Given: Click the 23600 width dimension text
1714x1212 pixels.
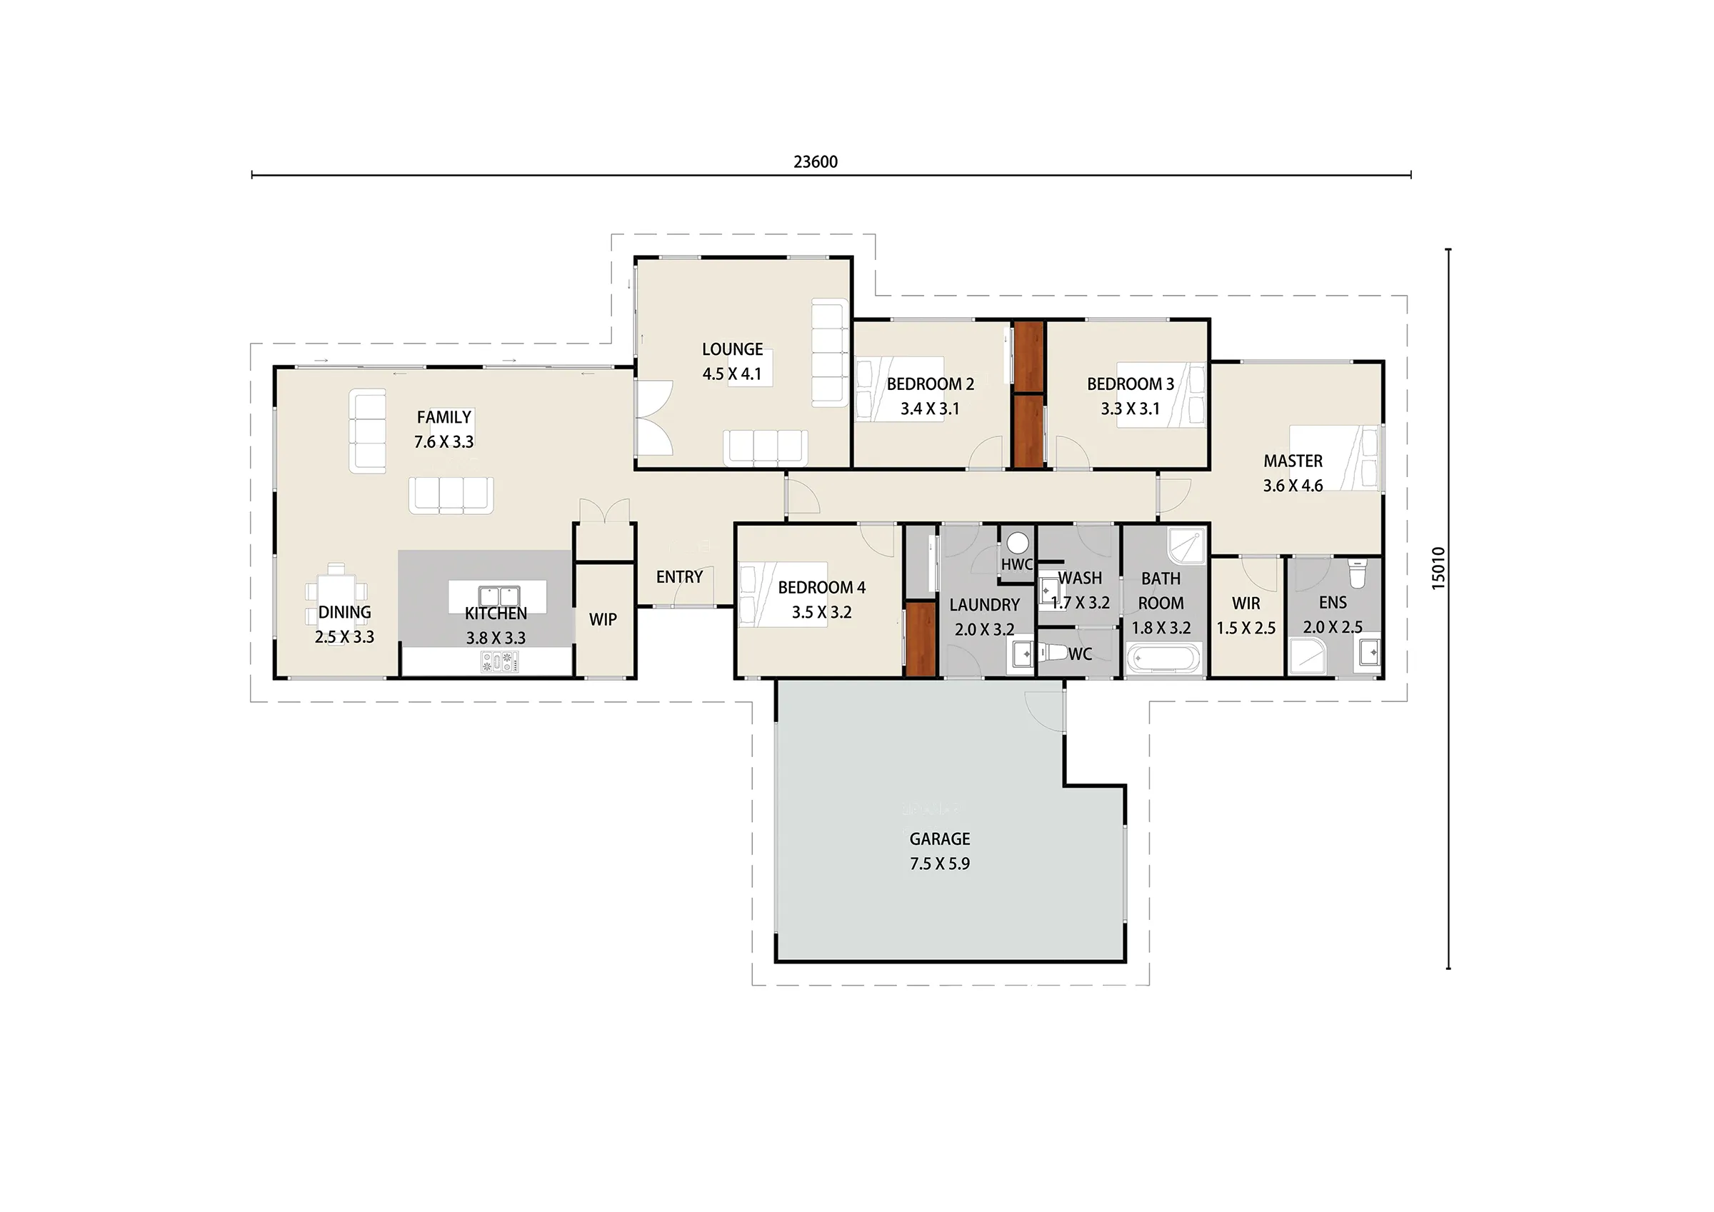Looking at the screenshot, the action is (815, 162).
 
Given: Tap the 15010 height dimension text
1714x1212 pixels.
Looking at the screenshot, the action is (1438, 569).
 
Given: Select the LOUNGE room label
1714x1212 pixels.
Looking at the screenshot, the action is (732, 349).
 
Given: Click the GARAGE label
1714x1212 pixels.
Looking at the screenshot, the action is (940, 838).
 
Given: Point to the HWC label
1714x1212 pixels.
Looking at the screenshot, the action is (1017, 564).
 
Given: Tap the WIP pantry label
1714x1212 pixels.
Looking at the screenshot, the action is (603, 620).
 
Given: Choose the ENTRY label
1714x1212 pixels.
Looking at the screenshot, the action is (679, 577).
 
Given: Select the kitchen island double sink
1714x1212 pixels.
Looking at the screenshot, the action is (498, 596).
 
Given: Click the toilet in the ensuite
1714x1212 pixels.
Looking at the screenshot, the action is (1358, 574).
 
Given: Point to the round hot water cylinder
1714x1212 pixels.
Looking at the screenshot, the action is (1018, 543).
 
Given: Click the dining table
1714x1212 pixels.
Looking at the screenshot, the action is (336, 595).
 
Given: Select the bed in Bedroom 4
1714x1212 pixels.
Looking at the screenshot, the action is (783, 594).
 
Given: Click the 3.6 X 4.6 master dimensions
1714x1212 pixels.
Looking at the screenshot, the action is (1293, 486).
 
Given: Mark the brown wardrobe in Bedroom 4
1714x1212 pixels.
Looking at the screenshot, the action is (921, 639).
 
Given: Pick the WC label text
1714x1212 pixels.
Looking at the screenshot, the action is (1081, 655).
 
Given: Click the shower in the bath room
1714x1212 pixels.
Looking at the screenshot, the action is (1186, 546).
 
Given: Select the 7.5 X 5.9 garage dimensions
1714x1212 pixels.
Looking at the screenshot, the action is (940, 864).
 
